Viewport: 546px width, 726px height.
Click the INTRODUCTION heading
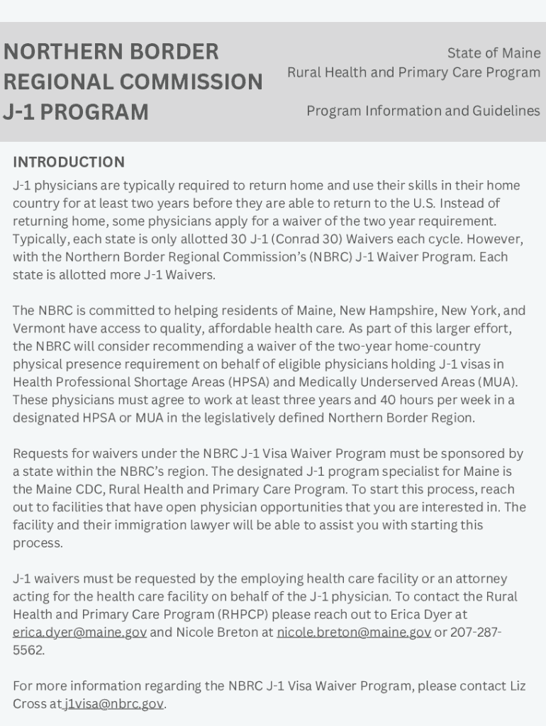point(69,162)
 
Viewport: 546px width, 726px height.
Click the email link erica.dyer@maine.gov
point(79,632)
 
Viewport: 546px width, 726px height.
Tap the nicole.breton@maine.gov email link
point(353,632)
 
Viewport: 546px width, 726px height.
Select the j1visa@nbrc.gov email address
point(113,704)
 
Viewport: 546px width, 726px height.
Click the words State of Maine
point(494,53)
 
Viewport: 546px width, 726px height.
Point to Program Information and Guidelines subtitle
point(423,111)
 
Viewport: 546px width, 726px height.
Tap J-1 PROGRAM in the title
point(76,112)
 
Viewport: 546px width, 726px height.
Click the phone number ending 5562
point(28,650)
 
